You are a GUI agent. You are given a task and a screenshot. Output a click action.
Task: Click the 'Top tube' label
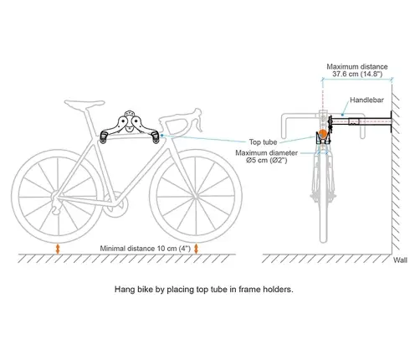tap(263, 142)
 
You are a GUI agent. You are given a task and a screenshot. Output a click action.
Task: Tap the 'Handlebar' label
tap(366, 100)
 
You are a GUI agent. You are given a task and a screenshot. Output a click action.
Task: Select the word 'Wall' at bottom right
tap(400, 260)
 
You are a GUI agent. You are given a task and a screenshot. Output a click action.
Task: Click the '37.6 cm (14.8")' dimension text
tap(357, 74)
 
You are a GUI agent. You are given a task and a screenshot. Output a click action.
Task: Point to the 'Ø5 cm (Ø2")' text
tap(267, 161)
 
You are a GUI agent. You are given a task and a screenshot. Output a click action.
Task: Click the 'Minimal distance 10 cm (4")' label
tap(146, 249)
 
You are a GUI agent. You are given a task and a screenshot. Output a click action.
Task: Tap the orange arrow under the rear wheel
tap(58, 249)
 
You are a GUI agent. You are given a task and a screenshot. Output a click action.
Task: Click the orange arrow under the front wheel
tap(196, 249)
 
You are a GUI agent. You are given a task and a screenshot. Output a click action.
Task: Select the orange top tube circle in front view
tap(323, 134)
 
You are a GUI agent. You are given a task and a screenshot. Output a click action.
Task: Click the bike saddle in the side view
tap(85, 103)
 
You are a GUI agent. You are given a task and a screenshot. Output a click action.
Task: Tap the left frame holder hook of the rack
tap(104, 138)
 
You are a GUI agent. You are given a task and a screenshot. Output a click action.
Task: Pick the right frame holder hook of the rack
tap(155, 138)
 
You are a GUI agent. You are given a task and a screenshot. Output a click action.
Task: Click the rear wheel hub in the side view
tap(56, 197)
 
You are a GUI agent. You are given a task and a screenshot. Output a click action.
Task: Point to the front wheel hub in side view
tap(196, 197)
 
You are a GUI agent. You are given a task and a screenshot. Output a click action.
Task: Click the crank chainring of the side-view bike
tap(115, 205)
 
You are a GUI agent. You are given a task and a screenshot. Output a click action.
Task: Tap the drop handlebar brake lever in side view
tap(198, 120)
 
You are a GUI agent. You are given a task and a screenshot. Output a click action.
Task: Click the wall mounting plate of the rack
tap(391, 122)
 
